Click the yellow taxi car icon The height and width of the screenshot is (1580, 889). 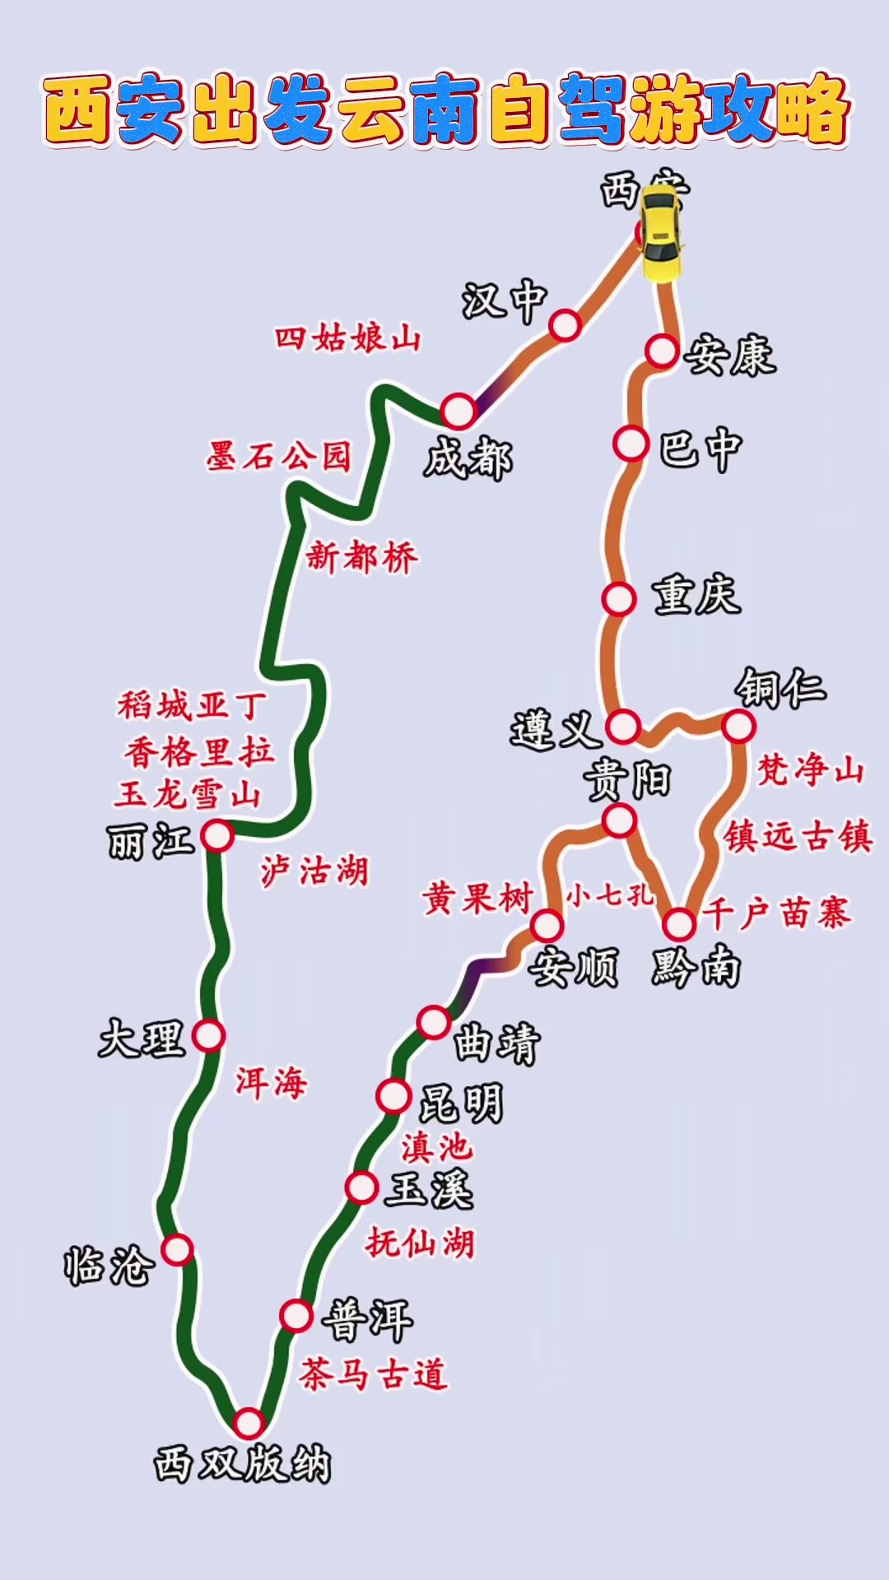tap(661, 233)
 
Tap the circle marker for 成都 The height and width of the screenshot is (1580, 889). tap(458, 410)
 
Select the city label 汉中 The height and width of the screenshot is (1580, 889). tap(504, 301)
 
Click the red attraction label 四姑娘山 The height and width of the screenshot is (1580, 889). tap(347, 337)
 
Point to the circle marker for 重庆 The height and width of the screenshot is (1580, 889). tap(618, 598)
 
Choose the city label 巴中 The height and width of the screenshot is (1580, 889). tap(700, 448)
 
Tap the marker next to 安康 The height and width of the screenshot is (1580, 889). tap(661, 351)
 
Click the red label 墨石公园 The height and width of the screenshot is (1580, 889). tap(279, 456)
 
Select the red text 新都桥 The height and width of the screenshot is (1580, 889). tap(361, 557)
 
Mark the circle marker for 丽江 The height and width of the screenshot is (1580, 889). tap(217, 835)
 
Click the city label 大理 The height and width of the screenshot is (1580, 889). tap(141, 1038)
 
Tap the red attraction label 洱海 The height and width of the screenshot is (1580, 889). tap(271, 1082)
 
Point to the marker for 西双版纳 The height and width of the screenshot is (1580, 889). tap(248, 1422)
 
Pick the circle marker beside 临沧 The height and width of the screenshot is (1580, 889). tap(177, 1249)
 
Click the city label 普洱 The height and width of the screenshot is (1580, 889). tap(368, 1319)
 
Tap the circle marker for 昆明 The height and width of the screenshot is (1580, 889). tap(393, 1096)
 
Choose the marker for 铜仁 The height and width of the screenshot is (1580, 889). tap(738, 726)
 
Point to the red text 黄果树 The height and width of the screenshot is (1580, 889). tap(477, 898)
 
